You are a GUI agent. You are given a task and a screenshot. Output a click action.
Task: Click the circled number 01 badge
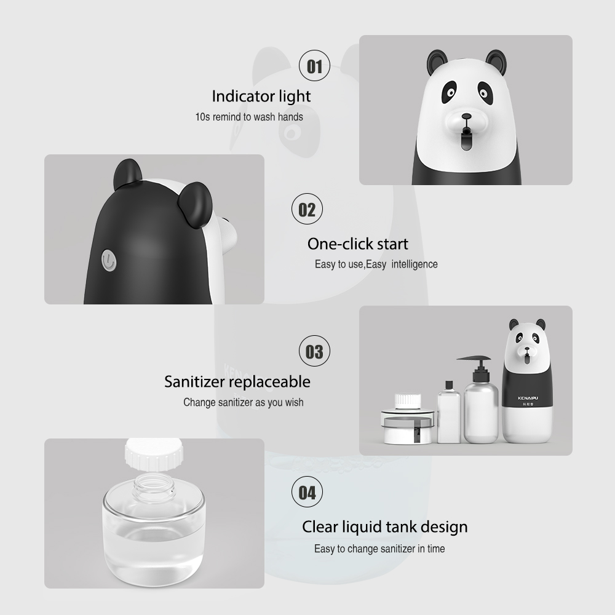314,66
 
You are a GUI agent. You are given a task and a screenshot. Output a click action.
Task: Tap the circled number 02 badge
307,210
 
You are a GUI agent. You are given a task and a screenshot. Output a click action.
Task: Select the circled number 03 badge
314,352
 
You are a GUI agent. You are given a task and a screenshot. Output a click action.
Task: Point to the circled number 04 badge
307,493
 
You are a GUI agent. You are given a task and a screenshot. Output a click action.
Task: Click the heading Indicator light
261,96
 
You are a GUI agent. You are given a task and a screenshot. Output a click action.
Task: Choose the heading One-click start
357,244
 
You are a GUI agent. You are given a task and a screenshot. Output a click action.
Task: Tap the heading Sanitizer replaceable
237,381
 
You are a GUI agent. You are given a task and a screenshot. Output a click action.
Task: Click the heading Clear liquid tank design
384,526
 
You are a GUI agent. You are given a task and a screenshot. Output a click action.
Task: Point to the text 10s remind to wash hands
249,116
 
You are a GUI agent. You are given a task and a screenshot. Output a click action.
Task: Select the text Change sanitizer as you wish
243,402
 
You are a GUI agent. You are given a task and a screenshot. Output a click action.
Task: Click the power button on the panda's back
109,260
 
